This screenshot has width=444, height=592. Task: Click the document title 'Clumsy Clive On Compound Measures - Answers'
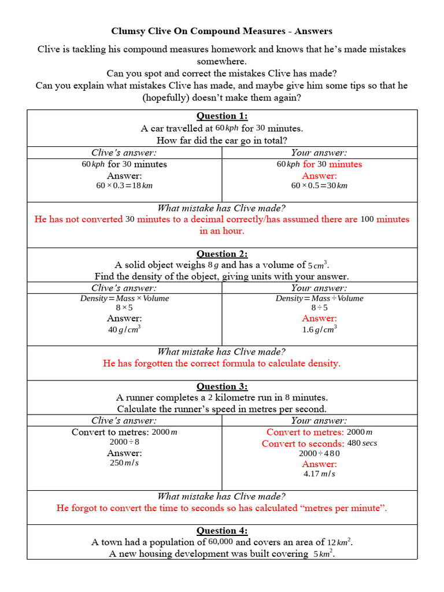click(222, 31)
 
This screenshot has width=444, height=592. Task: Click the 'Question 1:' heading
click(222, 116)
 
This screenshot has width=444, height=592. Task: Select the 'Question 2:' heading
click(222, 254)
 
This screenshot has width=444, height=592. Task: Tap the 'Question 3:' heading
click(222, 386)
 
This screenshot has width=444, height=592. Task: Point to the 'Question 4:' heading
click(222, 531)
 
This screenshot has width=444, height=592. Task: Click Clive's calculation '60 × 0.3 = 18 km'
click(124, 186)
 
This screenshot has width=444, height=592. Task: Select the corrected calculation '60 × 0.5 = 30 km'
click(319, 186)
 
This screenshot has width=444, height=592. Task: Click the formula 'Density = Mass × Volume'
click(124, 298)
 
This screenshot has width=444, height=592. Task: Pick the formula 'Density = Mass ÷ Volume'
click(319, 298)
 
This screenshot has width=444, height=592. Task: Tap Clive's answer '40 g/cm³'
click(124, 330)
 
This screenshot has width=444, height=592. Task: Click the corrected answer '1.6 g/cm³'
click(319, 330)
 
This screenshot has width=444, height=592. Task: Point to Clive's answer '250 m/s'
click(124, 463)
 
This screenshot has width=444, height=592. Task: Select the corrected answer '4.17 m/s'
click(319, 474)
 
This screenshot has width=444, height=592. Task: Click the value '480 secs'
click(362, 443)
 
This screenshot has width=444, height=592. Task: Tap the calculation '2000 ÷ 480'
click(319, 454)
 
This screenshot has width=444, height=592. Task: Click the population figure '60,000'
click(221, 542)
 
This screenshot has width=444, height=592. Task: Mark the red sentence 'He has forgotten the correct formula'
click(222, 364)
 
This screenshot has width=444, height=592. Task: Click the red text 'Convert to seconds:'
click(303, 443)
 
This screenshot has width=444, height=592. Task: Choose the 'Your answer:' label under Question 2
click(319, 288)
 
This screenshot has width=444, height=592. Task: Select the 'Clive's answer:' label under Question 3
click(124, 420)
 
